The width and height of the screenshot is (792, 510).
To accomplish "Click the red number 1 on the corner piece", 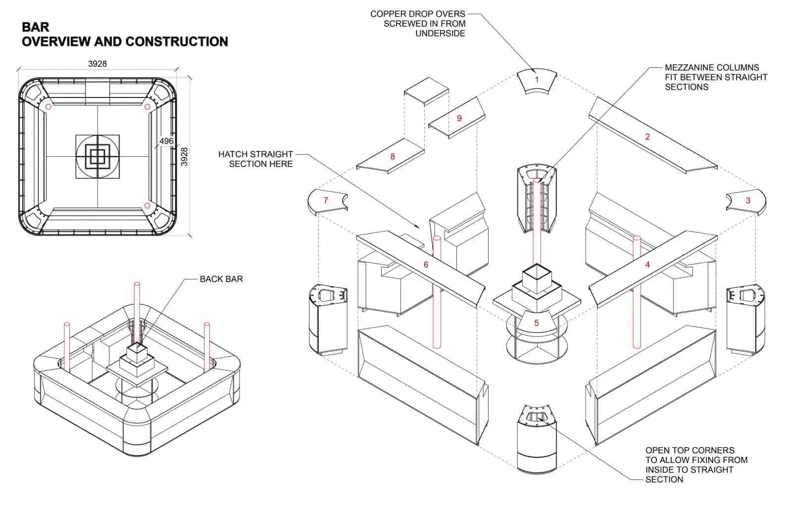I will (x=537, y=80).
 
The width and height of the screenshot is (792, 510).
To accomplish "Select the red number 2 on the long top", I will (x=647, y=137).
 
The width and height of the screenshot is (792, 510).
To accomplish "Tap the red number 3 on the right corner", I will (x=748, y=200).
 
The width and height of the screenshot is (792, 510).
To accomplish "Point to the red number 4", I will (x=647, y=265).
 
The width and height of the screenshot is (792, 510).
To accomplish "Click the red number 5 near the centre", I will (x=537, y=323).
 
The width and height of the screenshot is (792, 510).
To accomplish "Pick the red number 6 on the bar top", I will (x=426, y=265).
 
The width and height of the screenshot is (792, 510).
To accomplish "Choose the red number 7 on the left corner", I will (x=325, y=200).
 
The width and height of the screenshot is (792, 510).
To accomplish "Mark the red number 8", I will (x=393, y=157).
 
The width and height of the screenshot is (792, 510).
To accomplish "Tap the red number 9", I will (x=459, y=118).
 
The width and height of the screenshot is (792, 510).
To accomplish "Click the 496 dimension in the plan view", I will (x=166, y=141).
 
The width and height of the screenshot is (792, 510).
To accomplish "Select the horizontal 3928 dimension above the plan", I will (x=98, y=64).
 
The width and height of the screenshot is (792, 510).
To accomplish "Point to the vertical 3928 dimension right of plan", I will (x=184, y=157).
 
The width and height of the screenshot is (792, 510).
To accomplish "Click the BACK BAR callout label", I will (x=221, y=279).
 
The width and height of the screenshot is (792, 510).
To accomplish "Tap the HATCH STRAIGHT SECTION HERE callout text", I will (x=255, y=159).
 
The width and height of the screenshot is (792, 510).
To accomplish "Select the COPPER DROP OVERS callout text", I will (x=418, y=23).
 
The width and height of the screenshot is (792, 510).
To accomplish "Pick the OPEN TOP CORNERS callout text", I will (x=696, y=464).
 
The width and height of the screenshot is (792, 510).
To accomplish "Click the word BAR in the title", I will (x=36, y=26).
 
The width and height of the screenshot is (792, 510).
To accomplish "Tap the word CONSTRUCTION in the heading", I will (x=177, y=42).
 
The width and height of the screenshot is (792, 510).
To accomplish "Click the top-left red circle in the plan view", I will (x=48, y=107).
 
